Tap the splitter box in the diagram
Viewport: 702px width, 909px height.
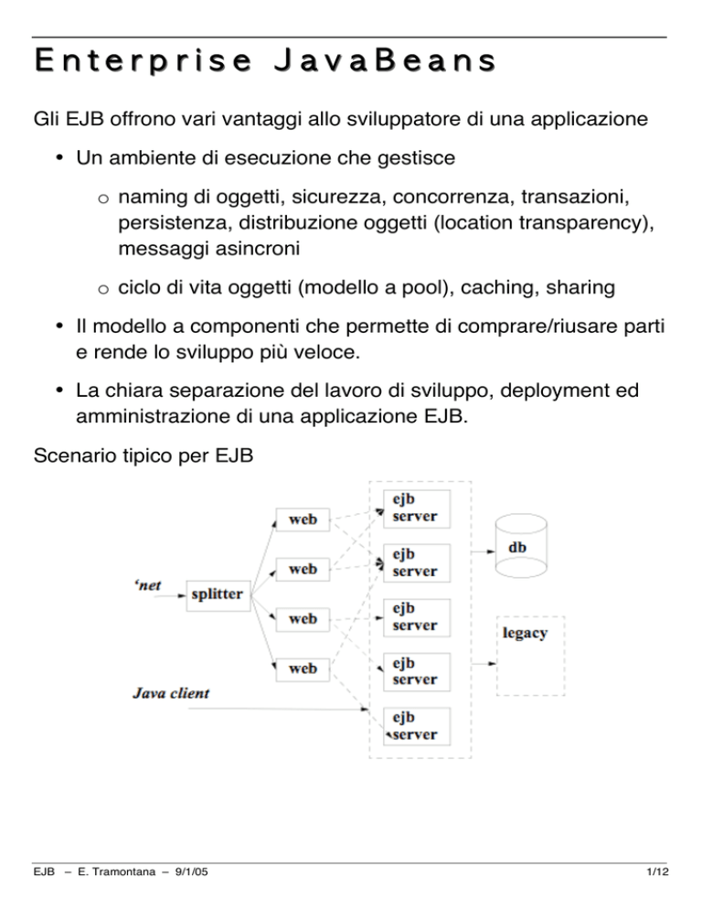point(217,594)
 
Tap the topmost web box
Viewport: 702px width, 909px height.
point(303,519)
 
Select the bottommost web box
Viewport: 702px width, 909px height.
point(303,668)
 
